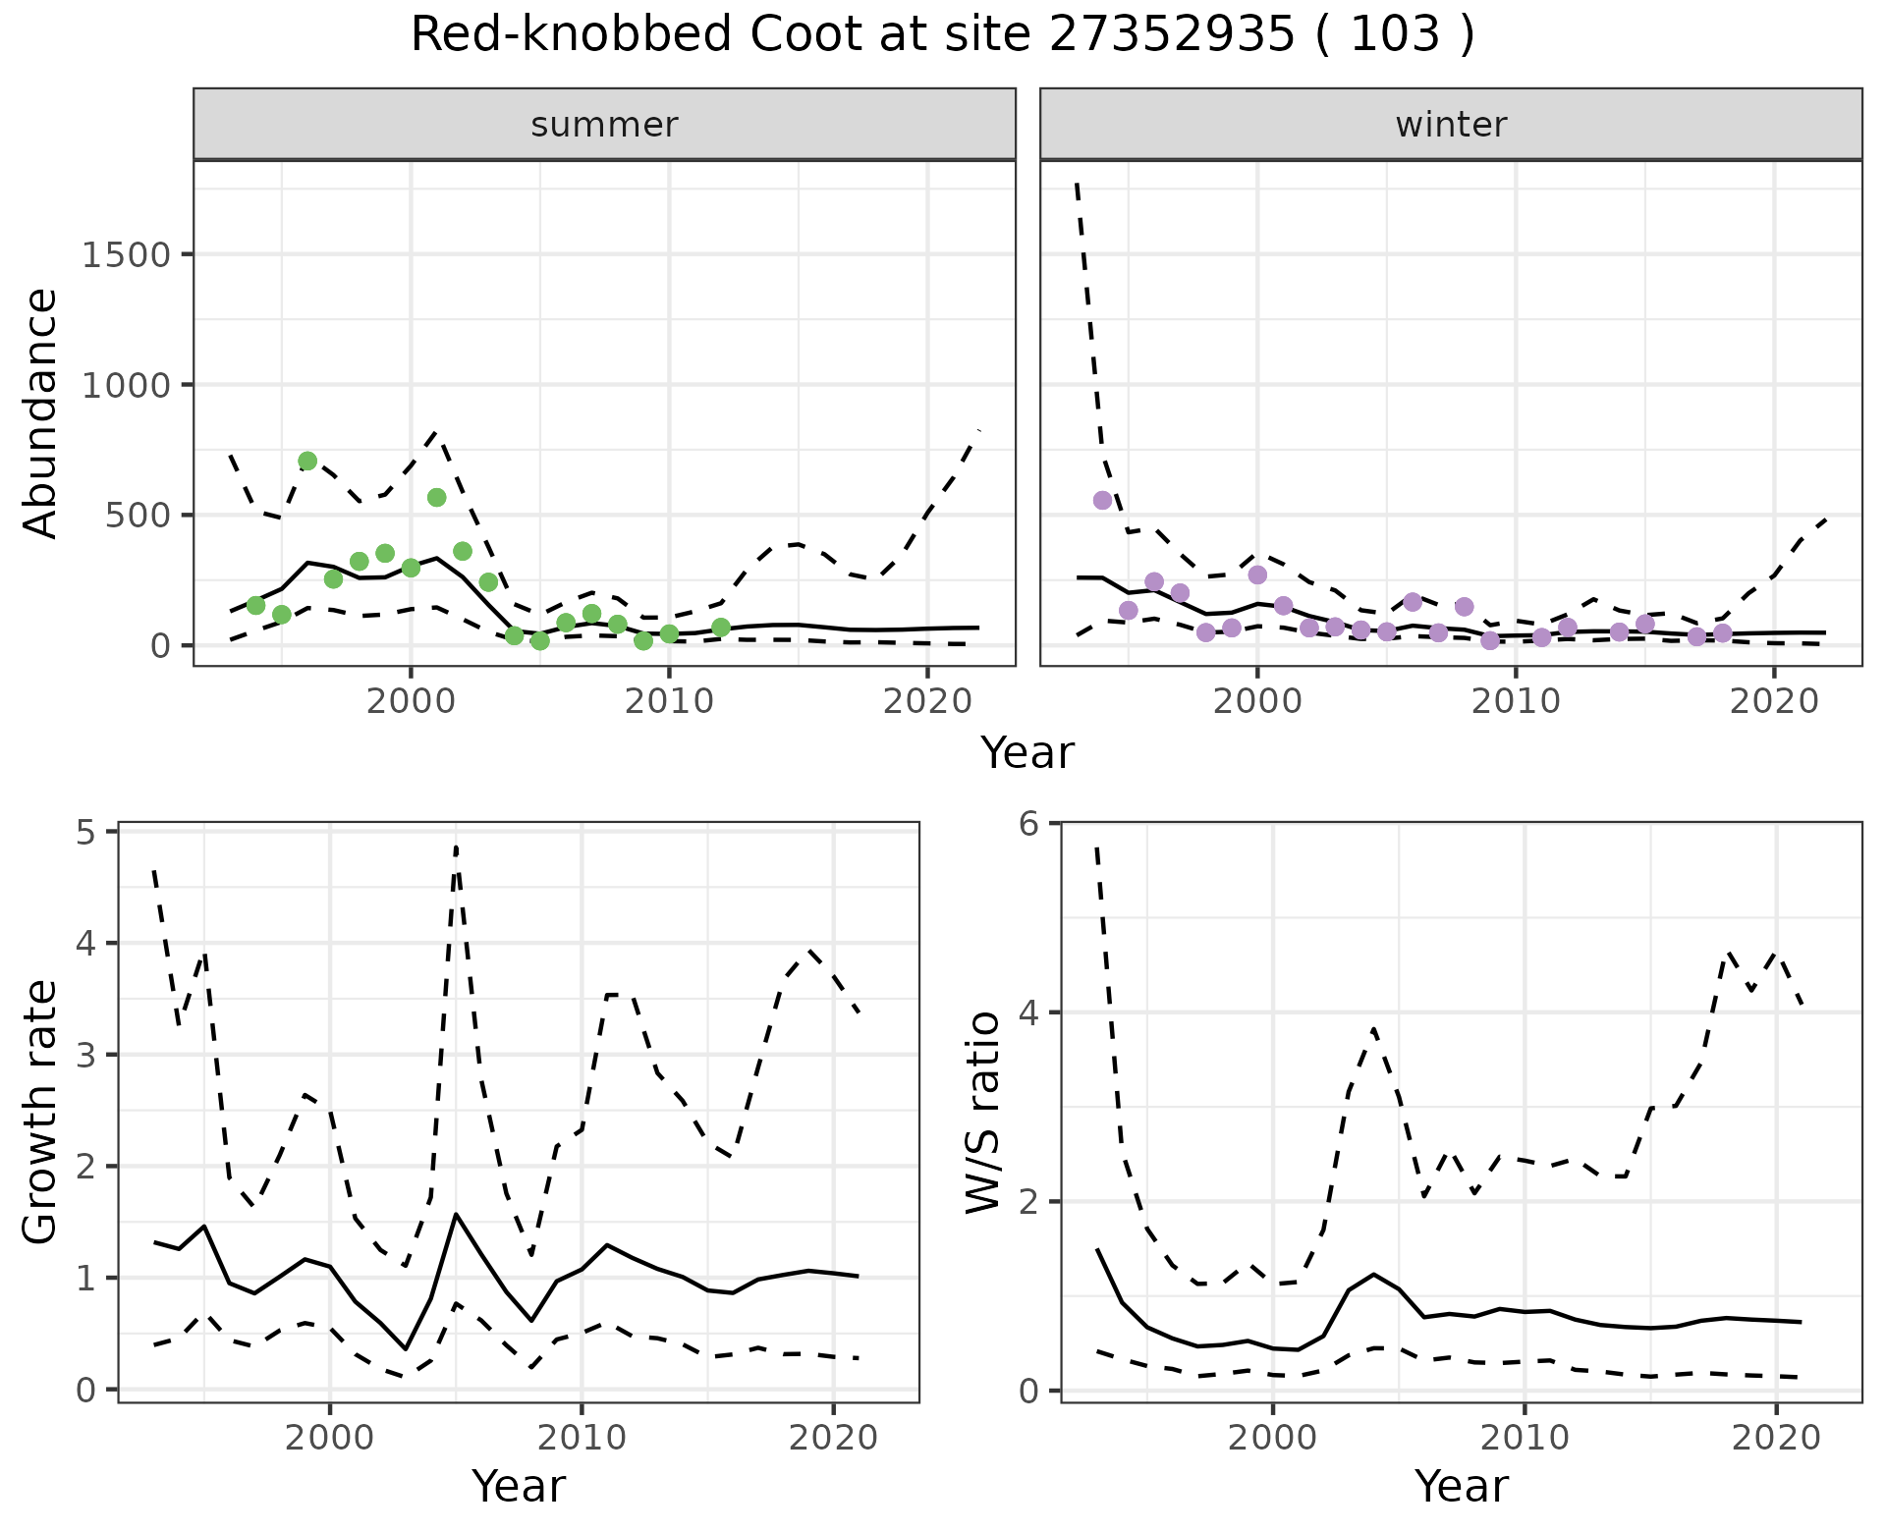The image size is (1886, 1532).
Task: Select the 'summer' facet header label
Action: pyautogui.click(x=604, y=125)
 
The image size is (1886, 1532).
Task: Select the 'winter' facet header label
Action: pyautogui.click(x=1451, y=125)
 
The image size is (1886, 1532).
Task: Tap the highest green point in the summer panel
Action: pyautogui.click(x=307, y=462)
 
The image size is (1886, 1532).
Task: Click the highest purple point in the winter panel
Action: pyautogui.click(x=1102, y=500)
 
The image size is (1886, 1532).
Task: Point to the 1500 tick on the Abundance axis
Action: pyautogui.click(x=127, y=255)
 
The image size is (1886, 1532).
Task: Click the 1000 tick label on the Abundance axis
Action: pyautogui.click(x=127, y=385)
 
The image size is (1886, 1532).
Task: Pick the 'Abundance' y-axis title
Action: pyautogui.click(x=41, y=412)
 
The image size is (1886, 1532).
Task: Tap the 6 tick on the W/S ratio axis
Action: pyautogui.click(x=1029, y=823)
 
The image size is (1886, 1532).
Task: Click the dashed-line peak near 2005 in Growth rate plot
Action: pyautogui.click(x=457, y=847)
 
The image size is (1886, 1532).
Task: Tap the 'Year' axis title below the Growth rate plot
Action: pyautogui.click(x=519, y=1487)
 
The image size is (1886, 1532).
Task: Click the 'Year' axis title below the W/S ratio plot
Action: pyautogui.click(x=1462, y=1487)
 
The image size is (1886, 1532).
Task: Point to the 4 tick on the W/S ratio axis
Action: pyautogui.click(x=1029, y=1012)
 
